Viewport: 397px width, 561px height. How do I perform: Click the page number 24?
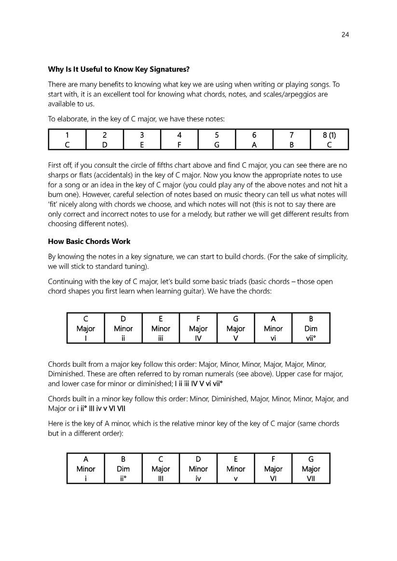[344, 34]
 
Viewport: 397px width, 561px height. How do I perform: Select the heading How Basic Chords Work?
[89, 241]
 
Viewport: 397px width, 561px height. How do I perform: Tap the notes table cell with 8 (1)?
[329, 140]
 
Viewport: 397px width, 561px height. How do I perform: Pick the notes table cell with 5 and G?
[217, 140]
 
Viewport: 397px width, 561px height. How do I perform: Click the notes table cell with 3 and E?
[142, 140]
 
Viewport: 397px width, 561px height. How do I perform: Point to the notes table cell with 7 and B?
[291, 140]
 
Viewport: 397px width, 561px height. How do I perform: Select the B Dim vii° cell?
[311, 328]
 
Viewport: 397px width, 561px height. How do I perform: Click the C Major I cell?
[86, 328]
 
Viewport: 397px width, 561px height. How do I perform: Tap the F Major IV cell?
[198, 328]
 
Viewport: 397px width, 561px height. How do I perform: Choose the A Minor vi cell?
[273, 328]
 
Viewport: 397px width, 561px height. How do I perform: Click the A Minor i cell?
[86, 468]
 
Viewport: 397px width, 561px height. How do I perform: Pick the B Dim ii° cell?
[123, 468]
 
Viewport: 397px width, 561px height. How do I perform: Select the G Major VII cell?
[311, 468]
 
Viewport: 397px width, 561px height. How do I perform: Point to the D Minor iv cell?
[198, 468]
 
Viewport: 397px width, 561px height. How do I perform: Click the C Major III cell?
[161, 468]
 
